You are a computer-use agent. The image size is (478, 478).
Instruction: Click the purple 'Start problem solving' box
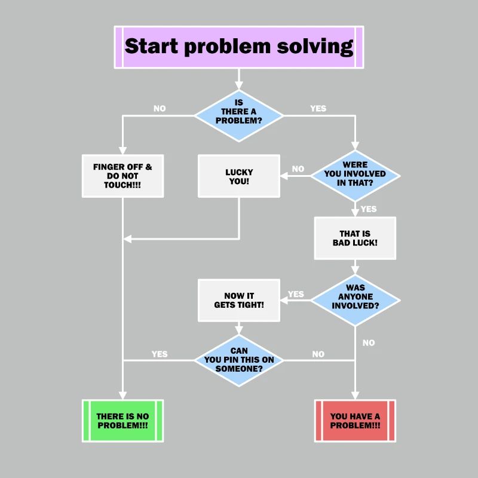pyautogui.click(x=238, y=47)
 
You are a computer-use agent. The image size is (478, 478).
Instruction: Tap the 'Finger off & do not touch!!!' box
pyautogui.click(x=122, y=176)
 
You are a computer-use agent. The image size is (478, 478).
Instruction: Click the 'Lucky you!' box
pyautogui.click(x=239, y=176)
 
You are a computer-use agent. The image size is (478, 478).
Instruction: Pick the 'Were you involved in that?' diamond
pyautogui.click(x=355, y=176)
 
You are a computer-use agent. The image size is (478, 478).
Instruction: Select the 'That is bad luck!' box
pyautogui.click(x=355, y=238)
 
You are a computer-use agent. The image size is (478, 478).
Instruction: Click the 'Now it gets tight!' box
pyautogui.click(x=239, y=300)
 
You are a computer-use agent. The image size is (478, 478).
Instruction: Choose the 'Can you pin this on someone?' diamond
pyautogui.click(x=238, y=360)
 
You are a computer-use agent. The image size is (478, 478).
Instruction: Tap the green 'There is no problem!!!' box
pyautogui.click(x=122, y=421)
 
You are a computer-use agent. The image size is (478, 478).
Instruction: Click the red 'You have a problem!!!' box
pyautogui.click(x=355, y=421)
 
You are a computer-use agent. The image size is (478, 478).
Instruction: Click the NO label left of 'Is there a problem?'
pyautogui.click(x=160, y=109)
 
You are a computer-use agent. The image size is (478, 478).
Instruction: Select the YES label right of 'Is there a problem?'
pyautogui.click(x=318, y=109)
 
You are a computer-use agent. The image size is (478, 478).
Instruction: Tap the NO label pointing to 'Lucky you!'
pyautogui.click(x=298, y=169)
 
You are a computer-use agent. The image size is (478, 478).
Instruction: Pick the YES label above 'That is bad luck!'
pyautogui.click(x=369, y=209)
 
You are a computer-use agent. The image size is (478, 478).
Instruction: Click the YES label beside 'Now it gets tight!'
pyautogui.click(x=296, y=294)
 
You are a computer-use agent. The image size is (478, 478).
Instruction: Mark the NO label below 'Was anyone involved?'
pyautogui.click(x=369, y=343)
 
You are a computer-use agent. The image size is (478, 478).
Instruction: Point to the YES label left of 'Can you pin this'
pyautogui.click(x=160, y=354)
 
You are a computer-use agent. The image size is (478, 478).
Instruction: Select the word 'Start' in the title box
pyautogui.click(x=152, y=47)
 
